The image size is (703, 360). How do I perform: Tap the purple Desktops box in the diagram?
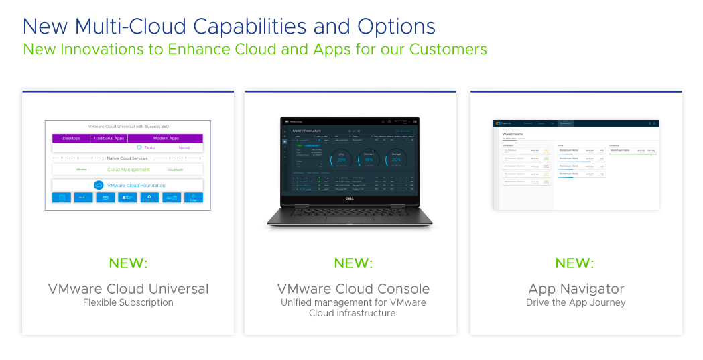coord(71,138)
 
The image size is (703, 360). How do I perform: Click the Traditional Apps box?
coord(109,138)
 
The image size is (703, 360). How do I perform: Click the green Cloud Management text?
coord(129,170)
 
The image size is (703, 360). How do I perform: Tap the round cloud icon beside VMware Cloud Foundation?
coord(99,186)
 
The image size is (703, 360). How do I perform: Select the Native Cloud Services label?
coord(127,158)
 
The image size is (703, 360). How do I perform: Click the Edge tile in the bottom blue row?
coord(193,198)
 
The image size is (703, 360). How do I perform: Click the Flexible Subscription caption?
coord(128,303)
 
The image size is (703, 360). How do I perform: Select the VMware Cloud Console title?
coord(353,289)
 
